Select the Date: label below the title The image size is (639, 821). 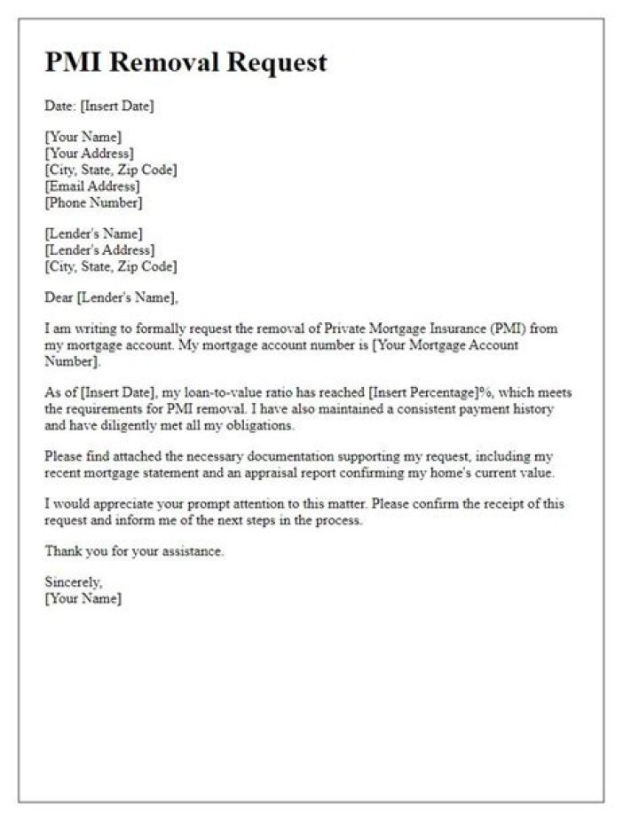(60, 107)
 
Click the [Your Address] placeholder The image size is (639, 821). (90, 154)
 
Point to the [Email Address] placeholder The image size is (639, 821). (92, 186)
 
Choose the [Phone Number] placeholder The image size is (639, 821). (93, 202)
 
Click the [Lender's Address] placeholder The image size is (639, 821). (98, 250)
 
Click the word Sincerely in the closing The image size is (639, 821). (73, 583)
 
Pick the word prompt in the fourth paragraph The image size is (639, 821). (186, 505)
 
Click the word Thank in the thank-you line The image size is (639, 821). (62, 552)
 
